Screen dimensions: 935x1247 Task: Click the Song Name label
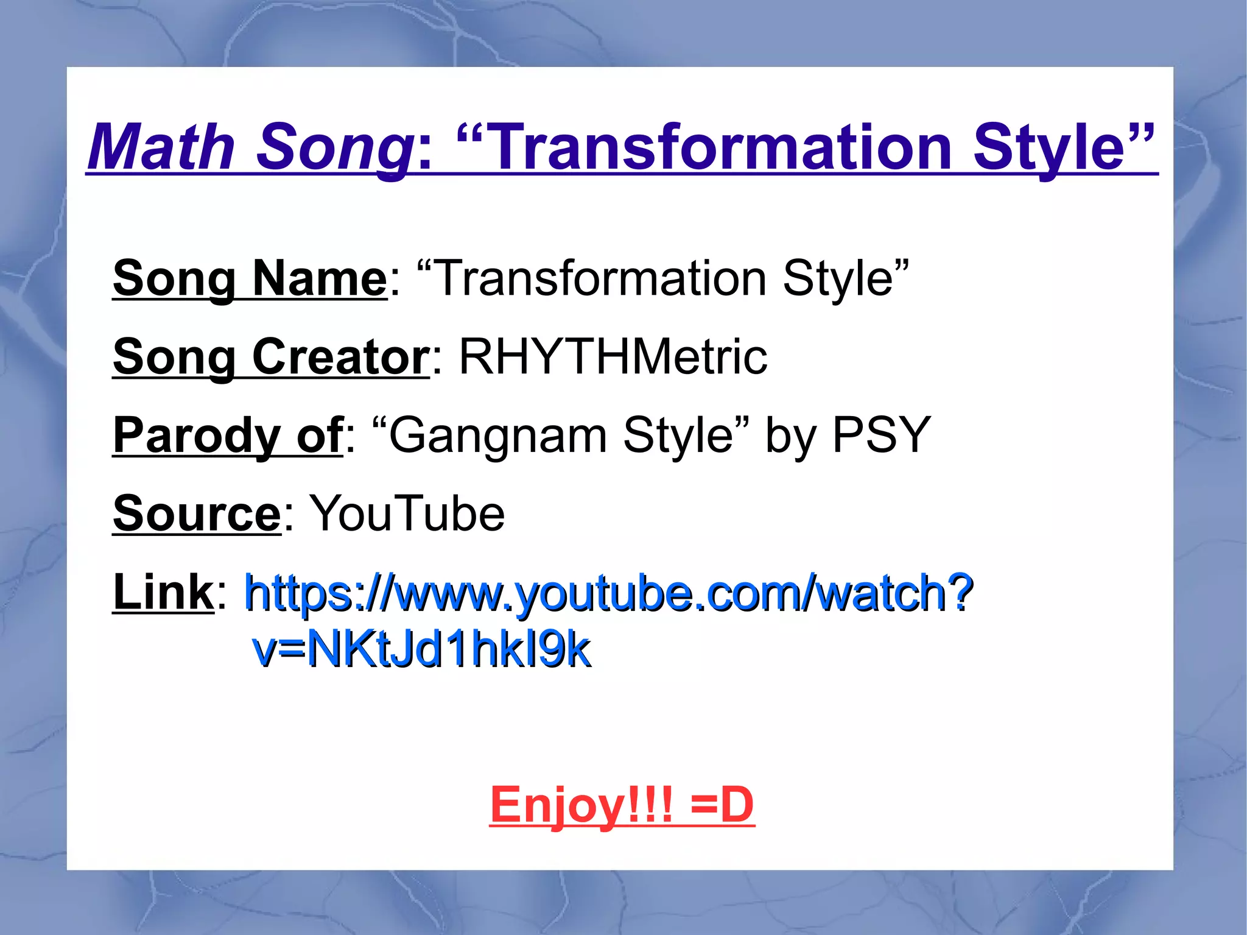tap(250, 278)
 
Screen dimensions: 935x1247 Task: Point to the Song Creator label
tap(271, 357)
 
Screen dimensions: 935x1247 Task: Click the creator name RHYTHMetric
tap(613, 357)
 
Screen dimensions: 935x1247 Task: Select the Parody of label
tap(228, 436)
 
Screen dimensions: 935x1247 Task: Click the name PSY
tap(881, 436)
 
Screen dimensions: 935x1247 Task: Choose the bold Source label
tap(197, 513)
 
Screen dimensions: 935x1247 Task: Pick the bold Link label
tap(163, 592)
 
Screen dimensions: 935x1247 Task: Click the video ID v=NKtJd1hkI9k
tap(421, 649)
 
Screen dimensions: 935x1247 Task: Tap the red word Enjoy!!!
tap(581, 805)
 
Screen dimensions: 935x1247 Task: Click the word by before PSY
tap(790, 436)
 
